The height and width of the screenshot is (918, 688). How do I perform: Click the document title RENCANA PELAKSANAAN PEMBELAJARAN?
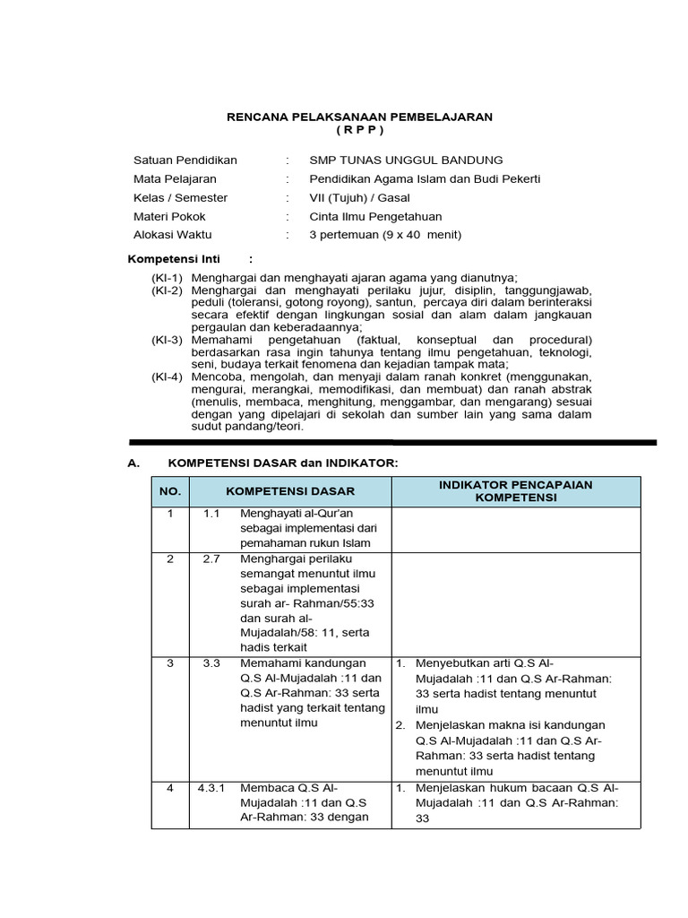[x=359, y=117]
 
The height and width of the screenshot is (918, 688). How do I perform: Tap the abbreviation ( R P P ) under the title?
[x=359, y=131]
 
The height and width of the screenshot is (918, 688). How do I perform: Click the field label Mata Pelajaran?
[x=175, y=178]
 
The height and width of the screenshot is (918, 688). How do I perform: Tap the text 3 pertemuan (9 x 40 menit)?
[x=383, y=235]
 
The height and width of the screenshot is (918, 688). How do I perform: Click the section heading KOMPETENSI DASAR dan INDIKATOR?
[x=282, y=462]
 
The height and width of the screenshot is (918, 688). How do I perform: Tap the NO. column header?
[x=170, y=491]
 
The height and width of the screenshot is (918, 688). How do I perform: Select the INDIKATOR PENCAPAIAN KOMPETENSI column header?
[x=515, y=491]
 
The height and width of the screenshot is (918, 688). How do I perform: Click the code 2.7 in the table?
[x=211, y=559]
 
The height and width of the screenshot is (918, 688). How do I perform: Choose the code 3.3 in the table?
[x=211, y=663]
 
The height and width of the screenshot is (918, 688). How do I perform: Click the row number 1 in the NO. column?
[x=170, y=514]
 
